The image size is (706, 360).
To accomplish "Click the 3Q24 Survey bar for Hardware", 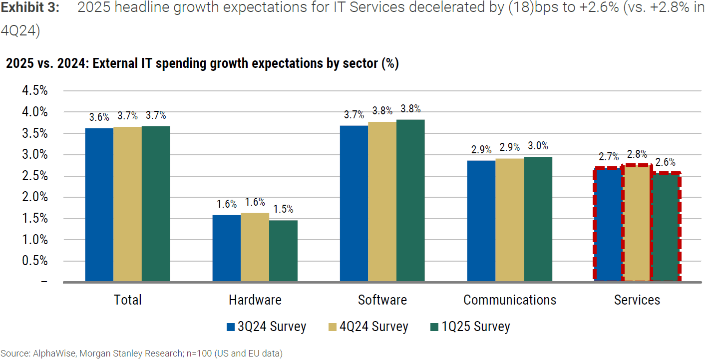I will point(226,248).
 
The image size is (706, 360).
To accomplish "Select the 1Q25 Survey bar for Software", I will point(410,200).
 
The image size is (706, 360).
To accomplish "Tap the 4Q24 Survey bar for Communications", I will point(509,220).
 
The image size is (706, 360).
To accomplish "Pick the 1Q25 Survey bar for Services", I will point(666,227).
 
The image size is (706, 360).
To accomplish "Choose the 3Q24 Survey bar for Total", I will point(99,205).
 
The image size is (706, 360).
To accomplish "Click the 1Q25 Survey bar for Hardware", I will point(283,251).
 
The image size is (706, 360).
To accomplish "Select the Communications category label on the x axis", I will point(509,300).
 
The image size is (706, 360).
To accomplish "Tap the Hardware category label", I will point(255,300).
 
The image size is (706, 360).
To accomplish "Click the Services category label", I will point(637,300).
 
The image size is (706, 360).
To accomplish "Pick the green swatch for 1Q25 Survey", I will point(434,328).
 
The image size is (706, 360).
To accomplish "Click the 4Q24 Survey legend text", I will point(374,327).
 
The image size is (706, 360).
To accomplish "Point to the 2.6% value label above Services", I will point(666,162).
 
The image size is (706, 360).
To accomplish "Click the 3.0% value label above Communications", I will point(538,146).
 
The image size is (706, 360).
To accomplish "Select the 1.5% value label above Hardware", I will point(283,209).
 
